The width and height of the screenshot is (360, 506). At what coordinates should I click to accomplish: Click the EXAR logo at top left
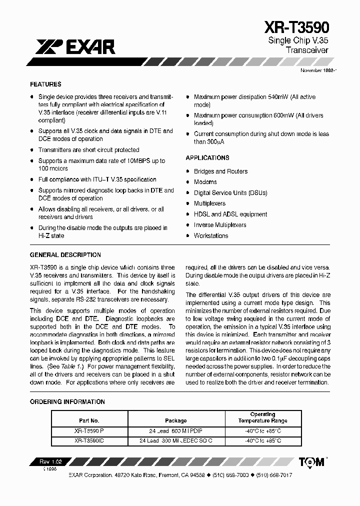coord(75,47)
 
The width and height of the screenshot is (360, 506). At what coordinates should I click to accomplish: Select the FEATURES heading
coord(45,84)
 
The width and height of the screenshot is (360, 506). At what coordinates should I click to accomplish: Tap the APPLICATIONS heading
coord(207,158)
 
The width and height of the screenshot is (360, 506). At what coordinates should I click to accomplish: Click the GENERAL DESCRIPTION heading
coord(65,255)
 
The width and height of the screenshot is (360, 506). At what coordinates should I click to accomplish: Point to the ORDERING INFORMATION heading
coord(67,401)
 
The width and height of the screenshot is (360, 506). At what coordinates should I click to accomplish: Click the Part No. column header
coord(89,420)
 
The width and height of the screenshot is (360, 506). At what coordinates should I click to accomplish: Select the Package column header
coord(175,420)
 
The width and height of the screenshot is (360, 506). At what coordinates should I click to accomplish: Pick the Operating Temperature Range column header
coord(262,417)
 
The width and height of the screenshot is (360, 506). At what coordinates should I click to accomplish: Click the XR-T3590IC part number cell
coord(89,440)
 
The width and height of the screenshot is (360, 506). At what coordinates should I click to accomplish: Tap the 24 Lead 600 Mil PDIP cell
coord(175,430)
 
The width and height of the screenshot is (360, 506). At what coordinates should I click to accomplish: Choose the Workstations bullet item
coord(211,235)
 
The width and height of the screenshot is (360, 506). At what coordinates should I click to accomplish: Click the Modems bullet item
coord(205,182)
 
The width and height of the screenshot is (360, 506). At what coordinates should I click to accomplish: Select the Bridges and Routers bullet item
coord(220,171)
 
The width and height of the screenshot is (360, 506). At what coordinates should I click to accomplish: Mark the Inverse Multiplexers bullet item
coord(220,225)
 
